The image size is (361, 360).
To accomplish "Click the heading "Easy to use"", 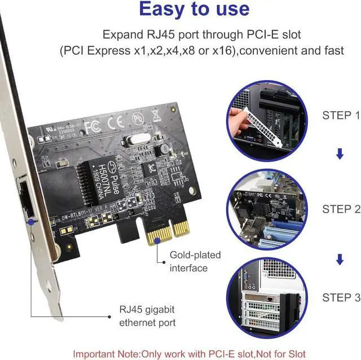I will [193, 9].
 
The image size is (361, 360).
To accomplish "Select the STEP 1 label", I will [341, 116].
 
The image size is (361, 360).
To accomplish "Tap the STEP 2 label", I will [341, 209].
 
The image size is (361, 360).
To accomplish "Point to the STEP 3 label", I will [341, 297].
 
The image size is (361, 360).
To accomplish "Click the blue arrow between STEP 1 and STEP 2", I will [340, 154].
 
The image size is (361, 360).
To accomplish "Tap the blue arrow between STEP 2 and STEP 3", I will [340, 259].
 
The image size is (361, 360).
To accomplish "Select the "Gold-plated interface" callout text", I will [195, 261].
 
